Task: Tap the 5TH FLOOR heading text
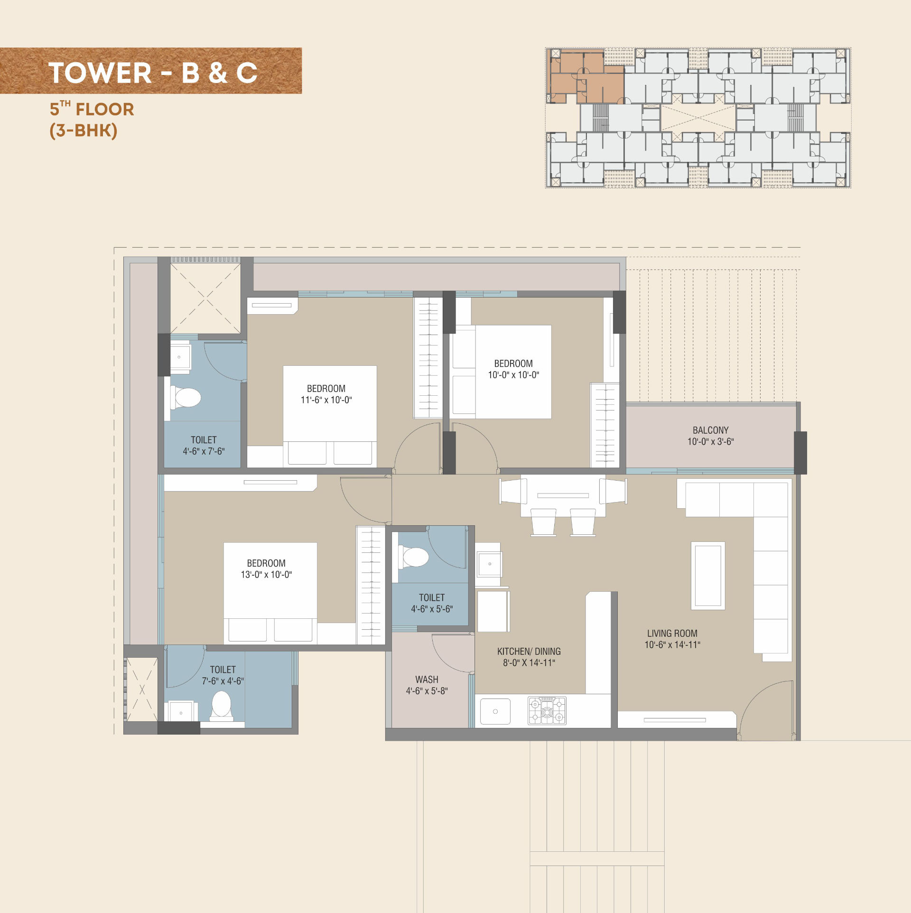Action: pyautogui.click(x=92, y=109)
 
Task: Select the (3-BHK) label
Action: pyautogui.click(x=84, y=130)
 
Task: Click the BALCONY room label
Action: pyautogui.click(x=710, y=430)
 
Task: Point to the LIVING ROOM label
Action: pyautogui.click(x=672, y=633)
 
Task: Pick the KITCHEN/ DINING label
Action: pyautogui.click(x=529, y=651)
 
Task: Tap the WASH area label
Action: pyautogui.click(x=427, y=680)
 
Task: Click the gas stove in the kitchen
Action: pyautogui.click(x=547, y=710)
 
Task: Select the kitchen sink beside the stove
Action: pyautogui.click(x=495, y=711)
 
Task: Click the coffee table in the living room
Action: pyautogui.click(x=708, y=576)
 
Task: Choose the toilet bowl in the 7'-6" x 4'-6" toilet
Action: pyautogui.click(x=221, y=706)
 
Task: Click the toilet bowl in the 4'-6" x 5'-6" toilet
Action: pyautogui.click(x=414, y=557)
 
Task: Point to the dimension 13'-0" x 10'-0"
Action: pyautogui.click(x=266, y=574)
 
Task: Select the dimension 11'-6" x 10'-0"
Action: pyautogui.click(x=326, y=400)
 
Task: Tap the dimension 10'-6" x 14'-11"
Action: pyautogui.click(x=672, y=644)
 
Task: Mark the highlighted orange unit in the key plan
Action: pyautogui.click(x=586, y=77)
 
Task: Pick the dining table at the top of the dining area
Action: pyautogui.click(x=563, y=495)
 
